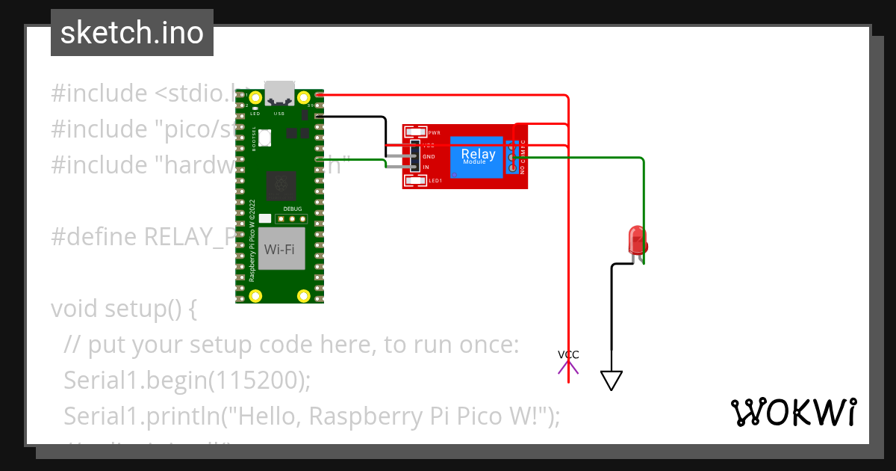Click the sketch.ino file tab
coord(131,33)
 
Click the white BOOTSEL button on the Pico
coord(267,138)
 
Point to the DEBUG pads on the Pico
coord(292,218)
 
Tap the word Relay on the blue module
coord(478,155)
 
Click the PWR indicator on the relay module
coord(415,132)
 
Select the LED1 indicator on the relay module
coord(415,180)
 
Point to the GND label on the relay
coord(429,157)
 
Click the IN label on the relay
coord(426,167)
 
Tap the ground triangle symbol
coord(612,381)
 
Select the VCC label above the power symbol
coord(568,354)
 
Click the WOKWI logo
coord(793,412)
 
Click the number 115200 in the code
coord(254,380)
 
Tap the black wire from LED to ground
coord(612,314)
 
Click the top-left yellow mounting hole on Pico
coord(255,97)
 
